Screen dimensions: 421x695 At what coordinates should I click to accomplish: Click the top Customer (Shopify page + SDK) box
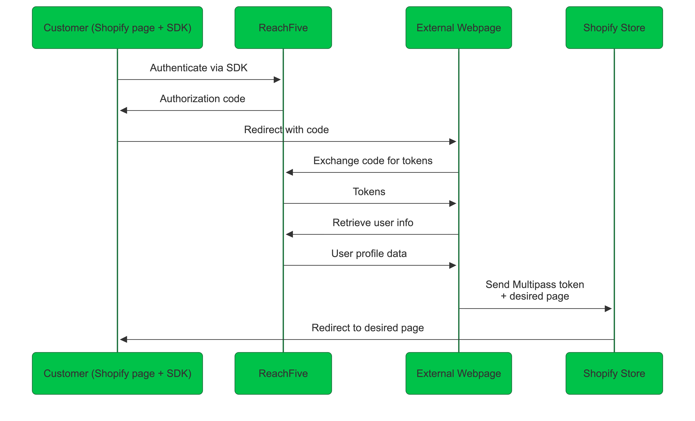point(117,28)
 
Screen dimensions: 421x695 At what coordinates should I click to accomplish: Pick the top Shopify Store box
point(614,28)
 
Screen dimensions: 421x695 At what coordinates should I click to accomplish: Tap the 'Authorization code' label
point(202,99)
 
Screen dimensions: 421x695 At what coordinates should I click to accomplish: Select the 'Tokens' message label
point(369,192)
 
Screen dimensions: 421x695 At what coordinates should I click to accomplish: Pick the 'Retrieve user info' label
point(373,223)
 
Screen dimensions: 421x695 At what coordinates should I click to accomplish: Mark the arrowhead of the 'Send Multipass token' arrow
point(608,309)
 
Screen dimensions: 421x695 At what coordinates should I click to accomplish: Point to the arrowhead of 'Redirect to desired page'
point(124,340)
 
